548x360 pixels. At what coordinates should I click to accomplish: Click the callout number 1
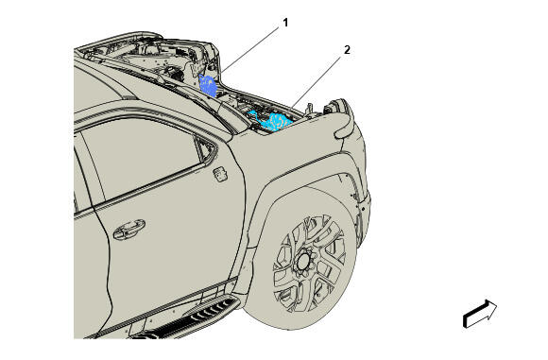tap(285, 23)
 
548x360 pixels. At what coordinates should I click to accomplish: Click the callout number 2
tap(347, 50)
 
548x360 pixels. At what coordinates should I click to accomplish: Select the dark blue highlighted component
tap(208, 85)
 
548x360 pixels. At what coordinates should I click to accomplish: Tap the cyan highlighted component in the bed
tap(271, 121)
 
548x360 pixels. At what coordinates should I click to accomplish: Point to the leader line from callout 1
tap(249, 51)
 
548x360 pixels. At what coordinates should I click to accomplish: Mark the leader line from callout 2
tap(316, 81)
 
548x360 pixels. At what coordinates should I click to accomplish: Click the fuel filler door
tap(220, 174)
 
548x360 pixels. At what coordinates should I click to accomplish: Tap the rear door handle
tap(128, 229)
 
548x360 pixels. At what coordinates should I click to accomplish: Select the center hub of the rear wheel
tap(303, 261)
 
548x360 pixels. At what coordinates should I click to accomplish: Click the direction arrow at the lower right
tap(480, 314)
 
